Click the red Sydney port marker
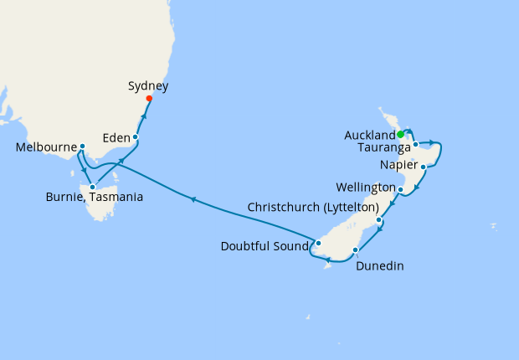pyautogui.click(x=149, y=99)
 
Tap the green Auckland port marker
pyautogui.click(x=400, y=134)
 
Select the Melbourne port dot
pyautogui.click(x=82, y=147)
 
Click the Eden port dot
pyautogui.click(x=135, y=136)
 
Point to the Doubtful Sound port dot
pyautogui.click(x=318, y=244)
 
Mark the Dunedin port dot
pyautogui.click(x=356, y=249)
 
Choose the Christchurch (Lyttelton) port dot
pyautogui.click(x=379, y=220)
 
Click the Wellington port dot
pyautogui.click(x=401, y=190)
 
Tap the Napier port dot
pyautogui.click(x=424, y=167)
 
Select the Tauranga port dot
pyautogui.click(x=415, y=145)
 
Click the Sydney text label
pyautogui.click(x=149, y=85)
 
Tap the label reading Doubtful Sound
pyautogui.click(x=264, y=246)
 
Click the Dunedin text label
pyautogui.click(x=380, y=266)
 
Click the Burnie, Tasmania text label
pyautogui.click(x=94, y=198)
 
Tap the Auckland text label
pyautogui.click(x=369, y=135)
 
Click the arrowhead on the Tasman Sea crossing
pyautogui.click(x=193, y=199)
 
